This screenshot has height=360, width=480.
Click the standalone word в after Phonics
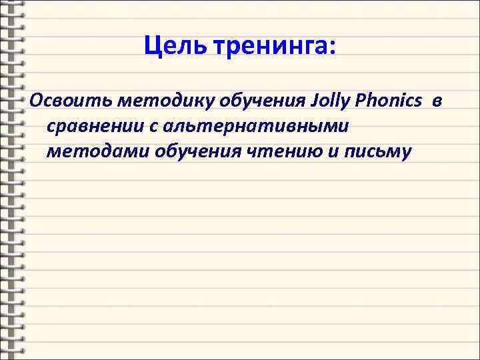pyautogui.click(x=436, y=101)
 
